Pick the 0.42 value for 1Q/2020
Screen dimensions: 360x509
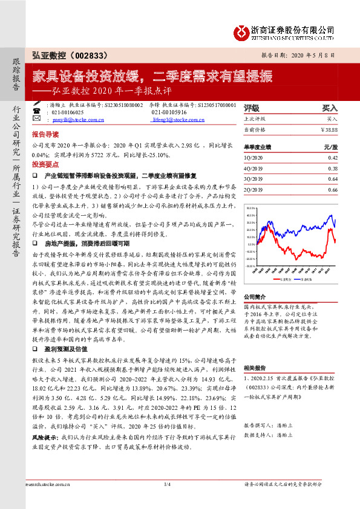[332, 157]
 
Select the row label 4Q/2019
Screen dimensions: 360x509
[253, 168]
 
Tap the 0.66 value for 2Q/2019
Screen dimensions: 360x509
[332, 190]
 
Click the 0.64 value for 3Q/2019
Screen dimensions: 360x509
[332, 179]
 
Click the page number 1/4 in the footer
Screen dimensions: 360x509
[168, 502]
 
